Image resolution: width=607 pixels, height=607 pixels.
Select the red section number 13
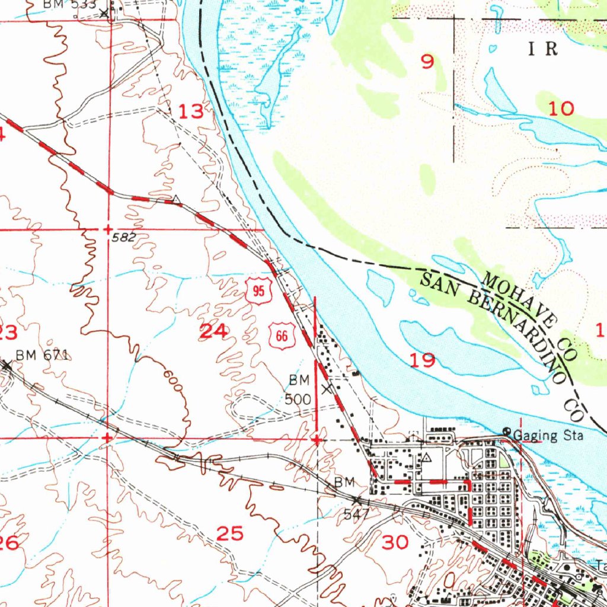(191, 111)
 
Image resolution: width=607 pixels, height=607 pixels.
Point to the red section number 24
(213, 332)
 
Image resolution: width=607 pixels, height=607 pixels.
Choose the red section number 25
(230, 534)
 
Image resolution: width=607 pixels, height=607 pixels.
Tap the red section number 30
(395, 542)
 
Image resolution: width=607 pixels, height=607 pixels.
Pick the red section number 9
(427, 62)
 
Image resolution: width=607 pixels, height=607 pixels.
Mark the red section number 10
(561, 108)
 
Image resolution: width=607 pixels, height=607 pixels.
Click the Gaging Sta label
(548, 436)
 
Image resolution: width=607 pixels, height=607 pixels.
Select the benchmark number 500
(298, 399)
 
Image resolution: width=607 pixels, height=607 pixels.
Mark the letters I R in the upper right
(544, 49)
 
